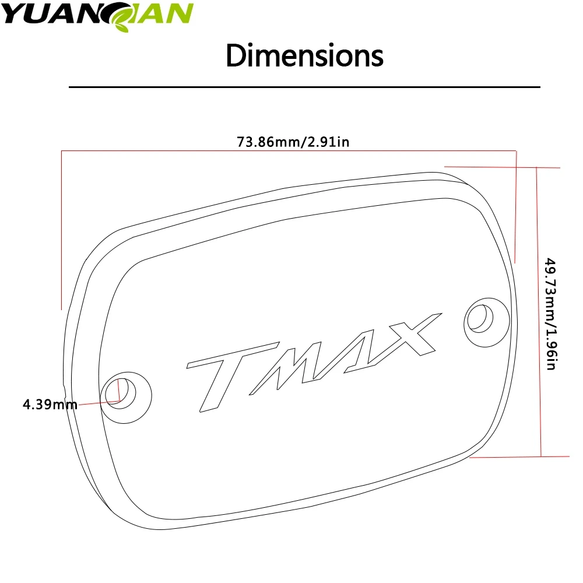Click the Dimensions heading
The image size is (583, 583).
tap(304, 56)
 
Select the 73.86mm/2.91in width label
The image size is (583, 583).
tap(293, 142)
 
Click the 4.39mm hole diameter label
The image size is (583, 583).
tap(50, 404)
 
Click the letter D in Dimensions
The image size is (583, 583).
tap(236, 57)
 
